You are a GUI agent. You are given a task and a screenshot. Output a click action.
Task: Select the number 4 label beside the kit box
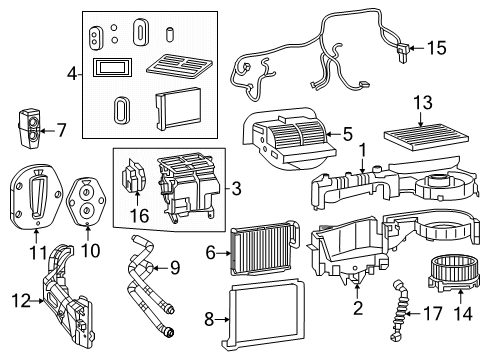(x=72, y=74)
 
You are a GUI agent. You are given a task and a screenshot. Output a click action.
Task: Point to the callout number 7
(x=61, y=129)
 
